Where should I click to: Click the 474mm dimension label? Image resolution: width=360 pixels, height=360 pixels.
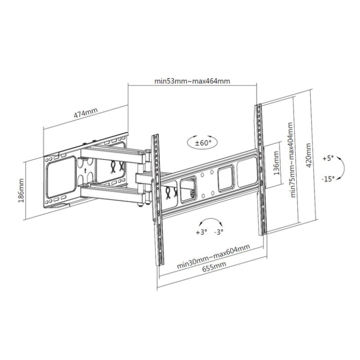(x=86, y=113)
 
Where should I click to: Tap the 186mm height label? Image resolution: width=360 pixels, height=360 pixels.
(x=21, y=191)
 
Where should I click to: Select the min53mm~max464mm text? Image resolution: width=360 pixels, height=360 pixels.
(x=192, y=81)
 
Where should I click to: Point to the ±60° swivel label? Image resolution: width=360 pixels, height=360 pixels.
(x=203, y=143)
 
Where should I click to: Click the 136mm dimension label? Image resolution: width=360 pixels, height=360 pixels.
(x=277, y=163)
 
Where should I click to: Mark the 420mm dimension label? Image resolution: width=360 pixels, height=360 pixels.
(x=309, y=155)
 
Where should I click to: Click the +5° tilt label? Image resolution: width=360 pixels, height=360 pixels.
(x=328, y=158)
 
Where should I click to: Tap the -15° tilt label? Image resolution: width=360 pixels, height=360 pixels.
(x=328, y=178)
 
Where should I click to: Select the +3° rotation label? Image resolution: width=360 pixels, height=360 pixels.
(x=202, y=232)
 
